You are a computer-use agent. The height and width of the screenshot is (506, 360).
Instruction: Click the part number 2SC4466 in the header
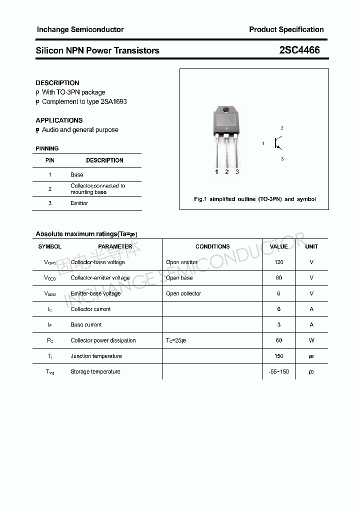[299, 50]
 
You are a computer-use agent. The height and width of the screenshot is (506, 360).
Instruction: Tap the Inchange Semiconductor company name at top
[80, 29]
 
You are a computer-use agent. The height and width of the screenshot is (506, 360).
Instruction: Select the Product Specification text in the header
[286, 29]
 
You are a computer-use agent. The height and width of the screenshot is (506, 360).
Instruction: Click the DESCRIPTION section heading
[57, 83]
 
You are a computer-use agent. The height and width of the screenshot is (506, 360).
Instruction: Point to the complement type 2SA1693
[113, 101]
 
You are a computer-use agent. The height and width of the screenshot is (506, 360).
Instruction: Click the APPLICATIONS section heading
[59, 120]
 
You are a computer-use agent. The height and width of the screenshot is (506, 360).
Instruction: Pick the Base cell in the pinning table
[76, 174]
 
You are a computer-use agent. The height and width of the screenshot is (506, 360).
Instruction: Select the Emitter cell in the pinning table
[79, 203]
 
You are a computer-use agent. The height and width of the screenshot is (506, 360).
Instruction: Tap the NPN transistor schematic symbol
[277, 143]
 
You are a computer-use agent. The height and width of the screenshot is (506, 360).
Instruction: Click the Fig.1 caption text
[254, 199]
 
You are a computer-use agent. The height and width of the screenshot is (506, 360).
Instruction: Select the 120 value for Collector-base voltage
[278, 262]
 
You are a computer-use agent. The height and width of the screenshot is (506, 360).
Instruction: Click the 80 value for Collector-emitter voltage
[278, 277]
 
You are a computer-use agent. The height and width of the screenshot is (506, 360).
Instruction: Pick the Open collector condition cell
[183, 293]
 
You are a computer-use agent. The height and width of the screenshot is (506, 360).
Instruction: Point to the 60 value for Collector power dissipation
[278, 340]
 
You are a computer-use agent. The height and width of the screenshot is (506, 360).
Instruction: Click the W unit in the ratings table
[311, 340]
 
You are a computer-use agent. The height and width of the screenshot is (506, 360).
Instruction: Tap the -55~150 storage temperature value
[278, 371]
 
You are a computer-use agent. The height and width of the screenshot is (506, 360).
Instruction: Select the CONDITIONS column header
[212, 246]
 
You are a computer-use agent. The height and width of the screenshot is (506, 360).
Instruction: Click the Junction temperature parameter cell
[96, 356]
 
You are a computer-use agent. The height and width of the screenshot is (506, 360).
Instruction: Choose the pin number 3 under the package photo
[237, 172]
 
